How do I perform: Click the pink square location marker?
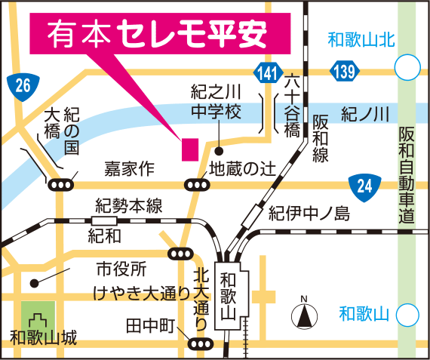188,149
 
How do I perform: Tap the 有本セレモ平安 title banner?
160,33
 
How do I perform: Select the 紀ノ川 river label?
365,115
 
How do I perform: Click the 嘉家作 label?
129,167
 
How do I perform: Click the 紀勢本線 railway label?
128,205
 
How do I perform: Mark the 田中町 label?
150,327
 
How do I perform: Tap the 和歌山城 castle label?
43,337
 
